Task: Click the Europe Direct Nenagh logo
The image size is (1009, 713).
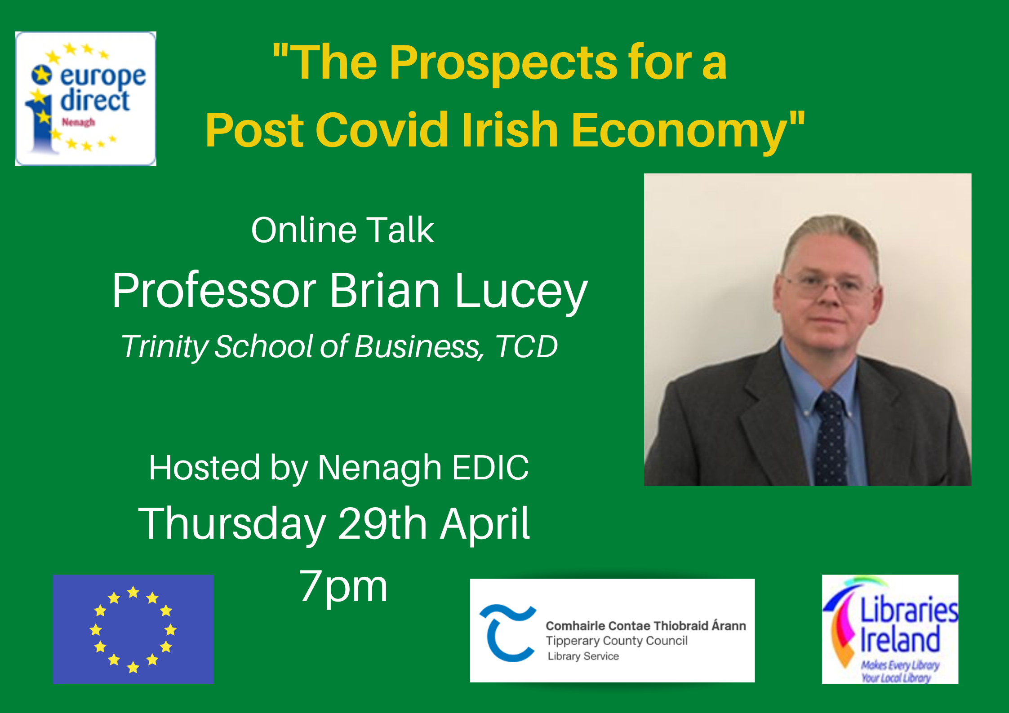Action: (86, 98)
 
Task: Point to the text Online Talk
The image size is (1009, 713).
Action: (342, 230)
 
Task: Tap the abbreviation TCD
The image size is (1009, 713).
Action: (526, 346)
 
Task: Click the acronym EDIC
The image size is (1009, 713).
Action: (490, 468)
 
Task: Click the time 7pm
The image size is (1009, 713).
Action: (343, 587)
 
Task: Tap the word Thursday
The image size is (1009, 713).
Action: (232, 524)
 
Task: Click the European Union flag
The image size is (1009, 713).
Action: (133, 629)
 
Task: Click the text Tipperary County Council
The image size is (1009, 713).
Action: (617, 641)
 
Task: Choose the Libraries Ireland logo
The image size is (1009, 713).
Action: (890, 629)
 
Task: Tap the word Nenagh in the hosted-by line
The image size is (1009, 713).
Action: (379, 468)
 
